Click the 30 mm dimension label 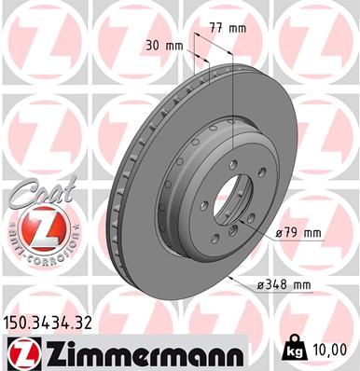[x=164, y=45]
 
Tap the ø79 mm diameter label [x=298, y=232]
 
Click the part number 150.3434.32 [x=50, y=324]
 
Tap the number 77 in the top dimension [x=215, y=28]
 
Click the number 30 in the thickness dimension [x=151, y=45]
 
